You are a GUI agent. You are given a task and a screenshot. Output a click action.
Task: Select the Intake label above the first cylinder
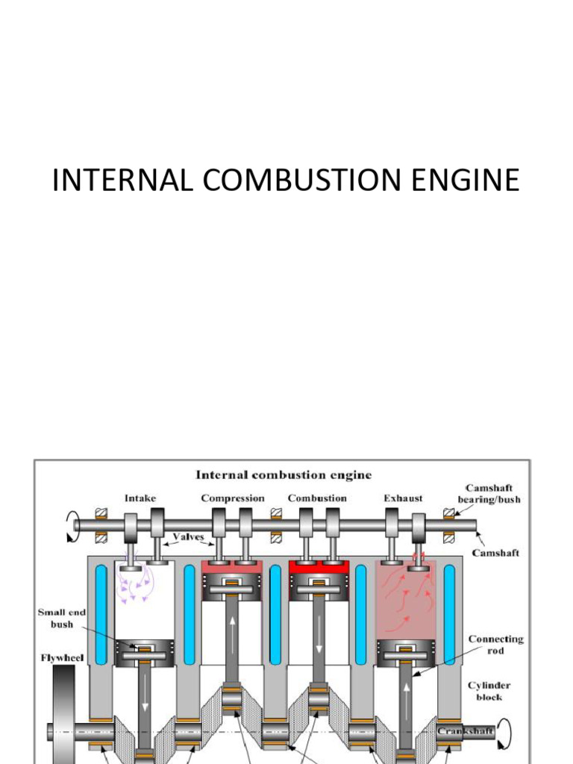[x=141, y=498]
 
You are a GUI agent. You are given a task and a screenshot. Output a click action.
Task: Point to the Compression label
[x=233, y=498]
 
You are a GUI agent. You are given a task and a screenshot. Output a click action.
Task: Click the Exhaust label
[x=403, y=498]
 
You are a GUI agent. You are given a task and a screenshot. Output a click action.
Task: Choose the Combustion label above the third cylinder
[x=317, y=498]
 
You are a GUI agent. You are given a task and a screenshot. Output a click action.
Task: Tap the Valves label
[x=189, y=536]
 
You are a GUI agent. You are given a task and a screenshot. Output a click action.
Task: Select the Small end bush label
[x=62, y=618]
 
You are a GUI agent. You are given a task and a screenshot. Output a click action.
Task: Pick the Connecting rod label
[x=495, y=645]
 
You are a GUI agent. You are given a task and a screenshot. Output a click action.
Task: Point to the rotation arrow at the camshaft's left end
[x=72, y=525]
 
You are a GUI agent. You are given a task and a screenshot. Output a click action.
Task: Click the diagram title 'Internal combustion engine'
[x=283, y=475]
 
